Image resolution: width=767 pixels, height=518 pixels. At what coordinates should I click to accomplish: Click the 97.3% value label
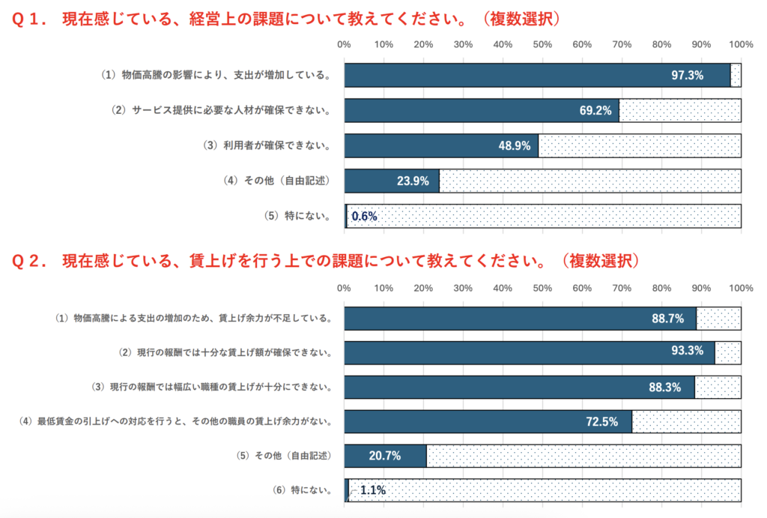point(687,76)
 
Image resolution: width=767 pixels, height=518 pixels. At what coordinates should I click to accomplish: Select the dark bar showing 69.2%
point(482,110)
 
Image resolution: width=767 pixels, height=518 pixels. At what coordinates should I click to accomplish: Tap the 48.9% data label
point(514,145)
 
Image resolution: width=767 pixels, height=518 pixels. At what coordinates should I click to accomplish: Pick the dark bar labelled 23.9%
point(392,181)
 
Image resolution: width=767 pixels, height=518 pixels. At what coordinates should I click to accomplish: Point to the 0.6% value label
point(364,216)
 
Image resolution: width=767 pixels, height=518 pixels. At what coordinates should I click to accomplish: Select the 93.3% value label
point(688,352)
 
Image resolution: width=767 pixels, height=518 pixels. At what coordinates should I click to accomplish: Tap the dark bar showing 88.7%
point(520,318)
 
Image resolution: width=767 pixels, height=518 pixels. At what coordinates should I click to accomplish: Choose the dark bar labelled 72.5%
point(488,421)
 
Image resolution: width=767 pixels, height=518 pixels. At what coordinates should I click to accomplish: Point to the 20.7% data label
point(385,456)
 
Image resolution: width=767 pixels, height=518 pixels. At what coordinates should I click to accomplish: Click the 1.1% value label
point(373,490)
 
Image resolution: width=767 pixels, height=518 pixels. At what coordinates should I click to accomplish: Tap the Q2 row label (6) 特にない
point(303,490)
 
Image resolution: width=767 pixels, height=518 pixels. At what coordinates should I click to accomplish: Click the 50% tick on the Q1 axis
point(542,45)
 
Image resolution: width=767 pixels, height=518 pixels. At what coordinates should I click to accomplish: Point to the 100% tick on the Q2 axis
point(740,288)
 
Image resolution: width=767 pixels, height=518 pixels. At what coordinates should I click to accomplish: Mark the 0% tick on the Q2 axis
point(345,288)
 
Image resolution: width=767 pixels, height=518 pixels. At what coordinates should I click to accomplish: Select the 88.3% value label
point(667,387)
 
